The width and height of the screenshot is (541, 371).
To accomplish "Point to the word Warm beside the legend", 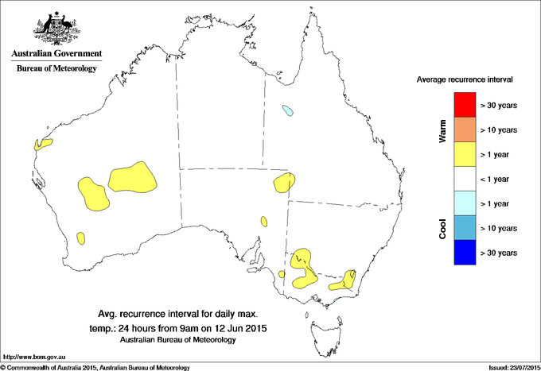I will click(443, 131).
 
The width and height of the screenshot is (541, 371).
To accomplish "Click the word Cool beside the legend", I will click(443, 228).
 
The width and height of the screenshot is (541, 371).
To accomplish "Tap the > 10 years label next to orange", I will click(499, 129).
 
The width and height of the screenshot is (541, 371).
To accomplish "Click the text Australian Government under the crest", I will click(56, 54).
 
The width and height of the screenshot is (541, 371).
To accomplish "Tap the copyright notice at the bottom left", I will click(95, 367).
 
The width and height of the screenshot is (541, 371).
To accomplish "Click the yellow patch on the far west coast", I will click(43, 144).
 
